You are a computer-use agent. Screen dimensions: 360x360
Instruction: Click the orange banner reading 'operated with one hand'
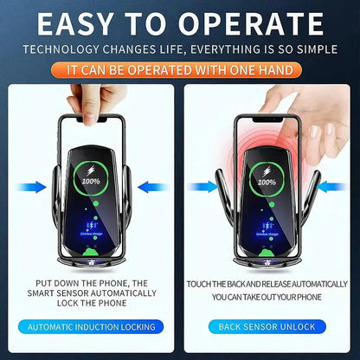[179, 67]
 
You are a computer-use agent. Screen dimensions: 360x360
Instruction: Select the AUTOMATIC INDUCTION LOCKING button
[92, 326]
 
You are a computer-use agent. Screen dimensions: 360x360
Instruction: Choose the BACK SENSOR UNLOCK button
[267, 326]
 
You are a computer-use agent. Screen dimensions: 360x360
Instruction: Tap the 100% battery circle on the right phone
[267, 182]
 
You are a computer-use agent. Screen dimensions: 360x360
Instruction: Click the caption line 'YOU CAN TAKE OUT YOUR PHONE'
[266, 295]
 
